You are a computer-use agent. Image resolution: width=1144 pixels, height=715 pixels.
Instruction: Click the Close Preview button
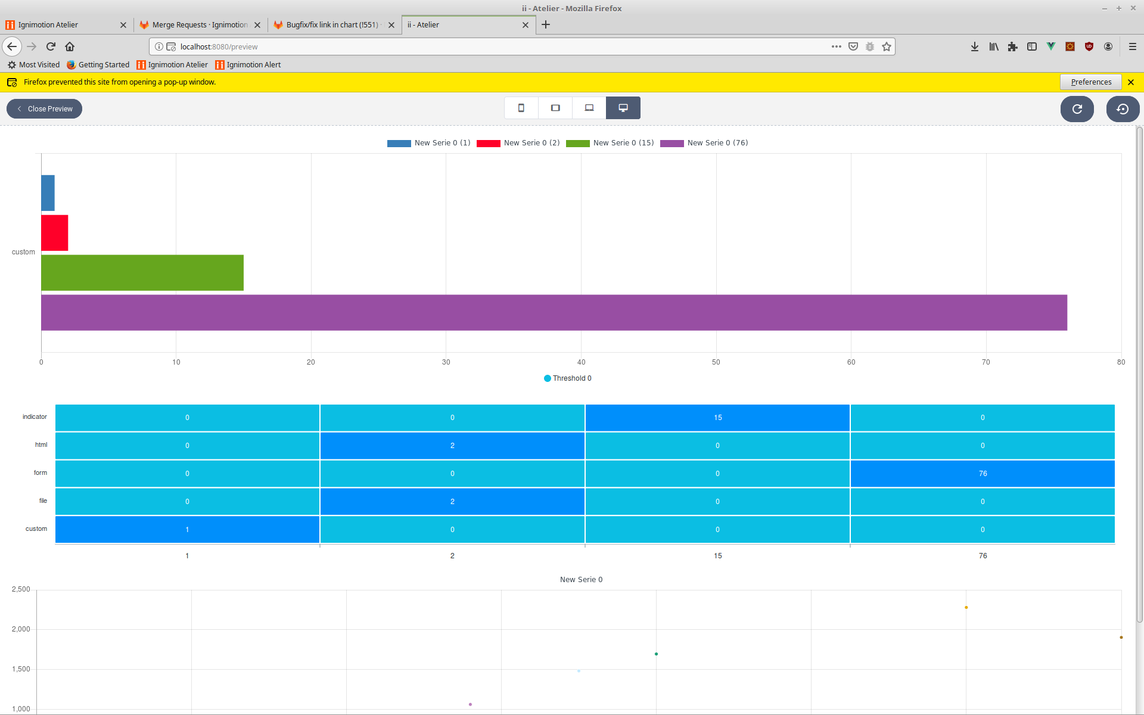pyautogui.click(x=45, y=109)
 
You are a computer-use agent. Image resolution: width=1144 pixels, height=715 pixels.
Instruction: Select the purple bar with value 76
pyautogui.click(x=554, y=312)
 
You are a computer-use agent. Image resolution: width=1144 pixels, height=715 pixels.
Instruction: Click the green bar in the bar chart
pyautogui.click(x=142, y=273)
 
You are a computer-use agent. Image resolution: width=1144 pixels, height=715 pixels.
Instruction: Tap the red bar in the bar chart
pyautogui.click(x=54, y=233)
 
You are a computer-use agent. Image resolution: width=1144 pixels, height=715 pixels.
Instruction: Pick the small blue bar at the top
pyautogui.click(x=48, y=193)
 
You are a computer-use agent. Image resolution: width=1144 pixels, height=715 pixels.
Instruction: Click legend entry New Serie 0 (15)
pyautogui.click(x=610, y=143)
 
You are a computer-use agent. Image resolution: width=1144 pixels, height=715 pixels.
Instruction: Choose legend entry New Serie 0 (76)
pyautogui.click(x=704, y=143)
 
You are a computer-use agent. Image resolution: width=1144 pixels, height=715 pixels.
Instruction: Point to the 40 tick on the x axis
pyautogui.click(x=581, y=362)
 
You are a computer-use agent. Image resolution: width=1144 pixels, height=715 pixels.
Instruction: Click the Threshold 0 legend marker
pyautogui.click(x=548, y=378)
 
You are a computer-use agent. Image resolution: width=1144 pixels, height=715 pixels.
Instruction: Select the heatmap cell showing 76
pyautogui.click(x=982, y=474)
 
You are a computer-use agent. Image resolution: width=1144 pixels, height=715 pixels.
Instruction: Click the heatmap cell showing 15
pyautogui.click(x=717, y=418)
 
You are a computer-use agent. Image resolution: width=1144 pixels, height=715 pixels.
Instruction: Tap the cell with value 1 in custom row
pyautogui.click(x=187, y=530)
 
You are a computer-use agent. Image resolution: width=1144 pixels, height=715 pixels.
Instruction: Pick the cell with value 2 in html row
pyautogui.click(x=452, y=446)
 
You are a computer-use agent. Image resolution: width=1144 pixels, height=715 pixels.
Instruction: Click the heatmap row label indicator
pyautogui.click(x=35, y=417)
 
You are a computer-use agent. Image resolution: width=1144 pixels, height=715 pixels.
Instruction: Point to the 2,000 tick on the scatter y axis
pyautogui.click(x=21, y=629)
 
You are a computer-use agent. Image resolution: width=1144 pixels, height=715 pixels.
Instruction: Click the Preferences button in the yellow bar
pyautogui.click(x=1090, y=82)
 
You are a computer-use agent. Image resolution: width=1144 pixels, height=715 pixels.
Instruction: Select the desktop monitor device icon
pyautogui.click(x=623, y=108)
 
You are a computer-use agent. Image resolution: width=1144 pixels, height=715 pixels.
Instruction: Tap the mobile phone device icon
pyautogui.click(x=521, y=108)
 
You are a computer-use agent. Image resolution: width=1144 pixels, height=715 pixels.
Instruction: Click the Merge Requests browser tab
pyautogui.click(x=200, y=25)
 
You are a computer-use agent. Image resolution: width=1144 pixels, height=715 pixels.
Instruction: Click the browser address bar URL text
pyautogui.click(x=219, y=47)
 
